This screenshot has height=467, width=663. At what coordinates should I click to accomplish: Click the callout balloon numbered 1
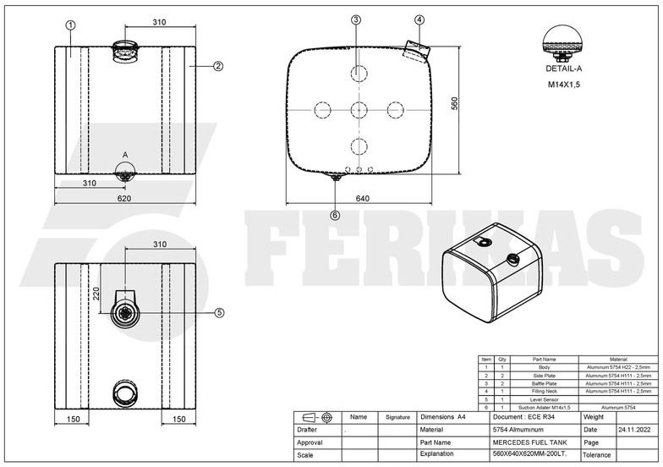(70, 25)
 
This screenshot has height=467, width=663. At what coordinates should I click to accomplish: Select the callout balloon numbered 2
(218, 65)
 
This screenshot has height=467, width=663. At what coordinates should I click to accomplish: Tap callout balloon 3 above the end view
(356, 19)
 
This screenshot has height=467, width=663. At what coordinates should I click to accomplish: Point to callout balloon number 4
(420, 19)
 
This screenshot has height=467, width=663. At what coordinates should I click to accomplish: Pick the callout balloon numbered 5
(219, 312)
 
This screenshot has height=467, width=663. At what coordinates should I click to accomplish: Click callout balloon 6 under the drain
(335, 215)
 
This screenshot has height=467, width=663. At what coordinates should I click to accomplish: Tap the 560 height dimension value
(454, 104)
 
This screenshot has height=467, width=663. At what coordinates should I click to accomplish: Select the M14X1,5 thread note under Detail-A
(563, 85)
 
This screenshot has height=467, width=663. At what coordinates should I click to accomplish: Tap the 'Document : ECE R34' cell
(521, 417)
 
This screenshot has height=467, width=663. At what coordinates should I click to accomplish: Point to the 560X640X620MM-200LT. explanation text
(529, 454)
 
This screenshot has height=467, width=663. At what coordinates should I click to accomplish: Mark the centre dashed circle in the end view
(356, 110)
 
